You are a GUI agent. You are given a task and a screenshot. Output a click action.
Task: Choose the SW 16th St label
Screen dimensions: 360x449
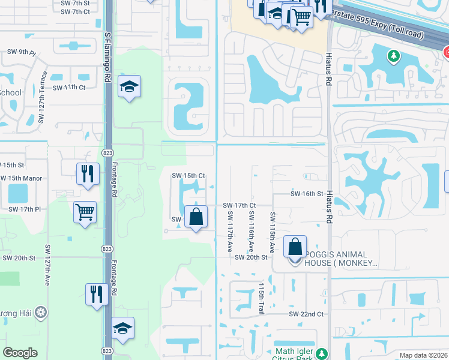[307, 194]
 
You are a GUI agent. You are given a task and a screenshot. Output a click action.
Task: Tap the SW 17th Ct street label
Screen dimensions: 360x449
[240, 205]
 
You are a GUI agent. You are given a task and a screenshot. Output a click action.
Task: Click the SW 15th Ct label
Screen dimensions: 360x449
[188, 176]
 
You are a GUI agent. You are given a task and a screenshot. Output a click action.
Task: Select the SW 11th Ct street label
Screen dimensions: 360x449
[69, 88]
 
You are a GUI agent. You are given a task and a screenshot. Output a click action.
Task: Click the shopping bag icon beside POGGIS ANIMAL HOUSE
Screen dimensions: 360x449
[295, 247]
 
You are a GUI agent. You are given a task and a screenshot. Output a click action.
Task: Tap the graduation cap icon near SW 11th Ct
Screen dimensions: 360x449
[129, 87]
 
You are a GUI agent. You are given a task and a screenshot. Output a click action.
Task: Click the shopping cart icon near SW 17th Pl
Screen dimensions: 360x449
[85, 211]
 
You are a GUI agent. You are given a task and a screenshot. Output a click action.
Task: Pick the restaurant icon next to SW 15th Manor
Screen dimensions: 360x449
[88, 173]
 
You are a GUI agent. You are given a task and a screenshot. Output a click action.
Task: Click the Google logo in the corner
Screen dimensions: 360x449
[20, 353]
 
